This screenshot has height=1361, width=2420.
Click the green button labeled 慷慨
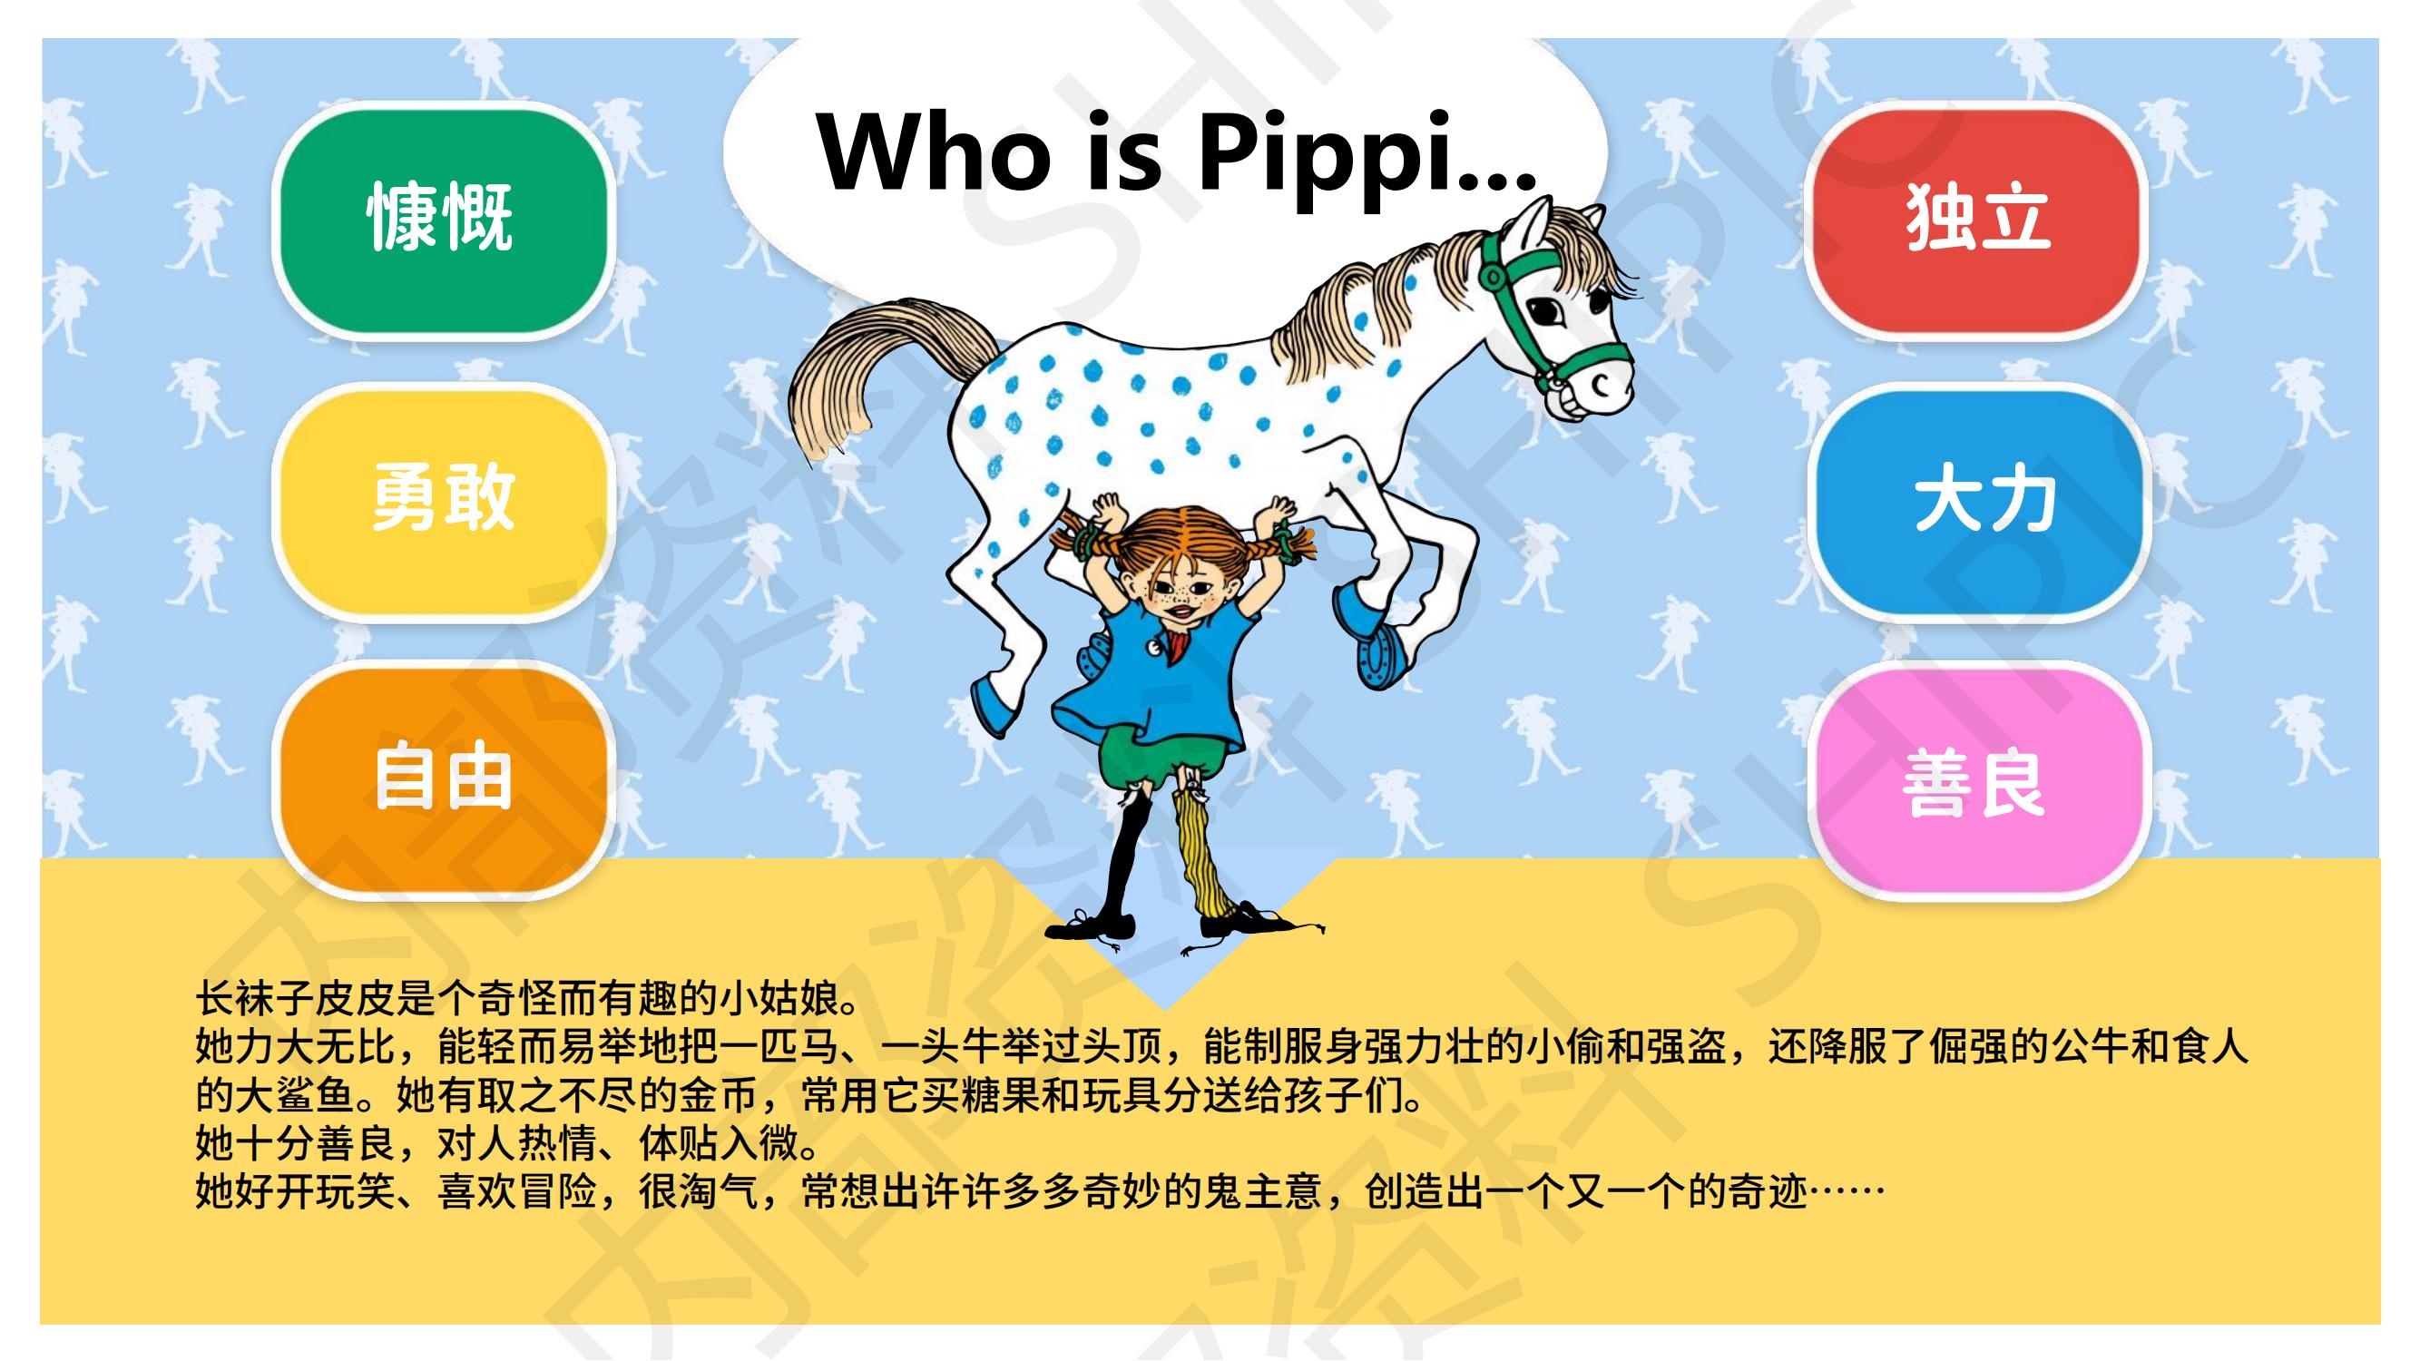coord(442,219)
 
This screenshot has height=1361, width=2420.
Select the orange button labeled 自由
coord(442,778)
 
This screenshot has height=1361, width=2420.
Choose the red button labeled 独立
coord(1976,219)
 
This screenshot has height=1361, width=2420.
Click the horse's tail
coord(874,367)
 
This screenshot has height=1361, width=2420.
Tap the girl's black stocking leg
coord(1123,864)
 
